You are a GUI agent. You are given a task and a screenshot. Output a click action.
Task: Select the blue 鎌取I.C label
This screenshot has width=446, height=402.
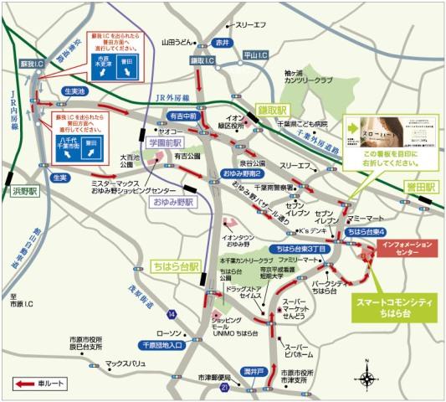coord(203,61)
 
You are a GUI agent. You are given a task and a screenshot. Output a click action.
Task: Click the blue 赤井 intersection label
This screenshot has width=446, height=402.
coord(221,42)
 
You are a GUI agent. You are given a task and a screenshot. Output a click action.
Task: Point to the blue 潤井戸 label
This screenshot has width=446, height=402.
coord(254,369)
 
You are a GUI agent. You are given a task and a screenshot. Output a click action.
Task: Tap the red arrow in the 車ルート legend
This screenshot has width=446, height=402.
coord(24,384)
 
